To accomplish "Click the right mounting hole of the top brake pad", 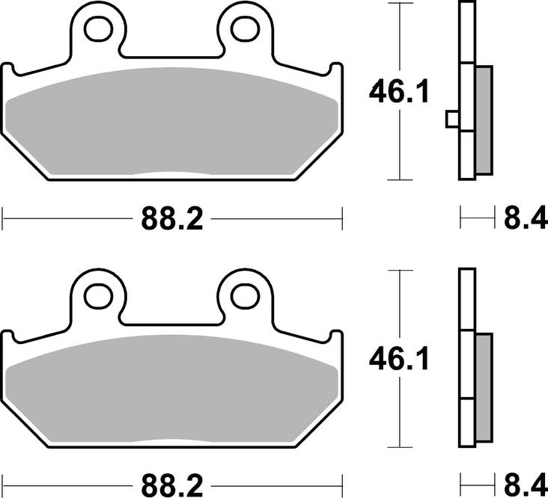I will pyautogui.click(x=243, y=29).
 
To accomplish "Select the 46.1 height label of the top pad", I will pyautogui.click(x=398, y=94).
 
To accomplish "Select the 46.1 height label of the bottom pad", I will pyautogui.click(x=398, y=361).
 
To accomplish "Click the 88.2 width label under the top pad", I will pyautogui.click(x=171, y=220).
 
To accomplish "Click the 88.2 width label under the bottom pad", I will pyautogui.click(x=171, y=484).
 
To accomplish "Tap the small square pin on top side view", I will pyautogui.click(x=451, y=118).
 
